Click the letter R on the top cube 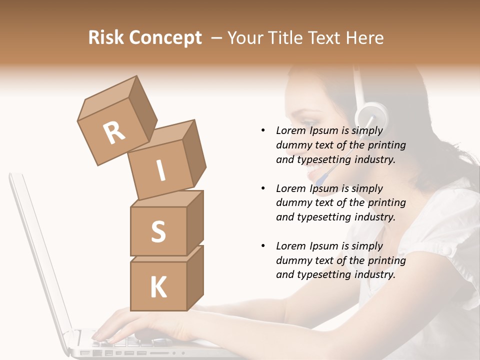pos(114,132)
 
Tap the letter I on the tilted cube pos(160,170)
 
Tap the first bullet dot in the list pos(263,130)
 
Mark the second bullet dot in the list pos(263,188)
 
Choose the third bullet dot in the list pos(263,246)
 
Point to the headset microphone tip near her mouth pos(320,180)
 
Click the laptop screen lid pos(37,250)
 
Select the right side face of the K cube pos(195,277)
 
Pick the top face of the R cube pos(107,98)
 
